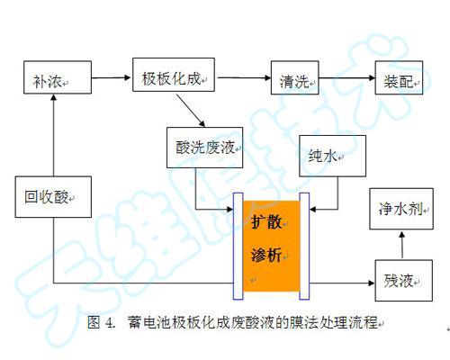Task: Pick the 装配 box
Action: coord(401,78)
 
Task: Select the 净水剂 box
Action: coord(401,208)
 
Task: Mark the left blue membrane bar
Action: coord(238,243)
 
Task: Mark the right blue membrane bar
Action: coord(305,243)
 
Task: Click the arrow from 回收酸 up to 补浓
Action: coord(56,135)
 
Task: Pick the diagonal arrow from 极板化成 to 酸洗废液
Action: coord(193,112)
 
